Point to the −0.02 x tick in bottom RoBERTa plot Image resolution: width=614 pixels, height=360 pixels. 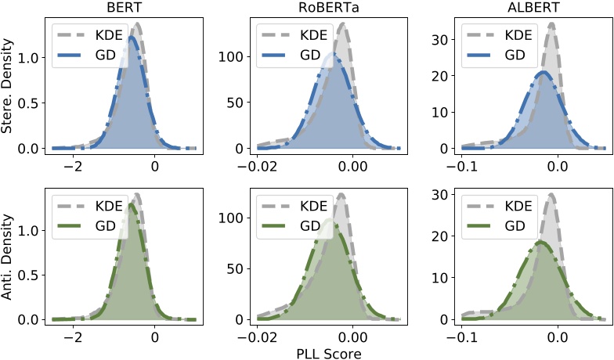point(269,337)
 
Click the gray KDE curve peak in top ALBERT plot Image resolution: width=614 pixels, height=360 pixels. point(552,23)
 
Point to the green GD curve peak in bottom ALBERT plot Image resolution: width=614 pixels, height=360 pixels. point(540,241)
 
